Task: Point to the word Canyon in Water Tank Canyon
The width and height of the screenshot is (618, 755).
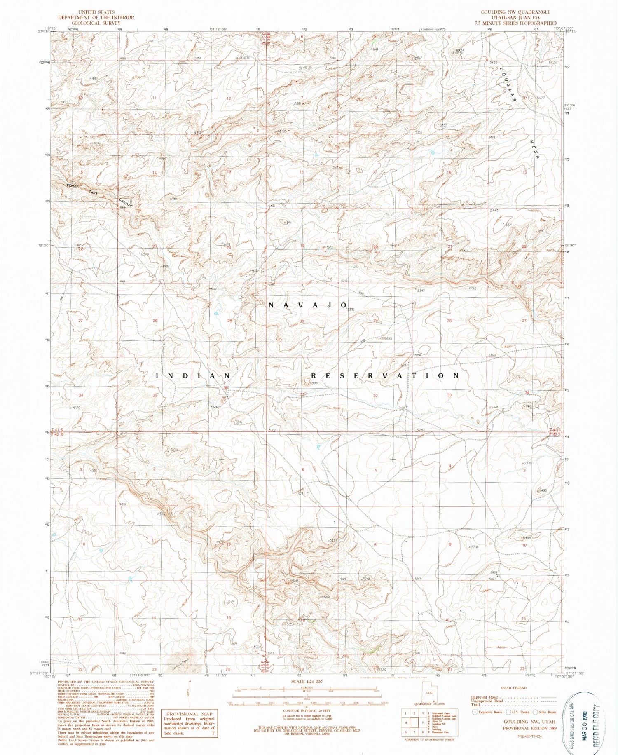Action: pyautogui.click(x=126, y=203)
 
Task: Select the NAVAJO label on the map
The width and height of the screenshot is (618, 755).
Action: pyautogui.click(x=308, y=305)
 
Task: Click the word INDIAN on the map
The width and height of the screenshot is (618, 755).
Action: pyautogui.click(x=193, y=375)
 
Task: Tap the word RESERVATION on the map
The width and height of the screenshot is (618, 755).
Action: pyautogui.click(x=385, y=375)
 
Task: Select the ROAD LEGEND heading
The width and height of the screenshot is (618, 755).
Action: pyautogui.click(x=513, y=688)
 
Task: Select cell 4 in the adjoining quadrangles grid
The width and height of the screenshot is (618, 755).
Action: pyautogui.click(x=407, y=722)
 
